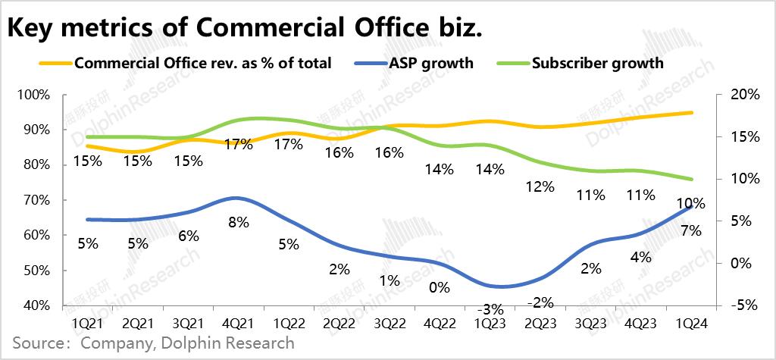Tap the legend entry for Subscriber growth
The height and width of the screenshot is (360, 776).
tap(597, 63)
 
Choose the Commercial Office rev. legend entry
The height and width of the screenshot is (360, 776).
tap(203, 63)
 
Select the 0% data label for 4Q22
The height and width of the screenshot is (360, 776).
tap(439, 287)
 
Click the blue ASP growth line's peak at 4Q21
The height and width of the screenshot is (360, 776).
tap(236, 198)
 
